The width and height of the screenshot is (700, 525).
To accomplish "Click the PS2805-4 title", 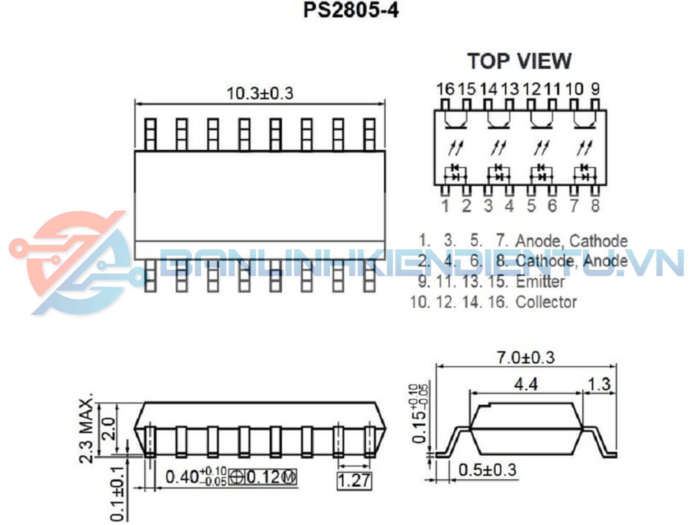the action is (351, 10).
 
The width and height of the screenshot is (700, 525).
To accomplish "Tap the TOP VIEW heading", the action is (519, 61).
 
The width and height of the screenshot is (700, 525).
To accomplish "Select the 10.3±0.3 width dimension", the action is (260, 93).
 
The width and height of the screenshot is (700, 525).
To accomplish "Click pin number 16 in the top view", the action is (445, 89).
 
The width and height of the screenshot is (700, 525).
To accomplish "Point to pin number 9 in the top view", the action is (595, 89).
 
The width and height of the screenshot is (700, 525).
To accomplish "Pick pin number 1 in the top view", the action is (446, 206).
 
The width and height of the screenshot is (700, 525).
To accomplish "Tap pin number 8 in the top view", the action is (595, 206).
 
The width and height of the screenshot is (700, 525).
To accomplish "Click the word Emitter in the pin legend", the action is (540, 282).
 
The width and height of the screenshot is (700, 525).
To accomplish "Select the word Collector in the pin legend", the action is (546, 302).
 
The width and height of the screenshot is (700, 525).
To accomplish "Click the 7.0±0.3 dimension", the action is (526, 358).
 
